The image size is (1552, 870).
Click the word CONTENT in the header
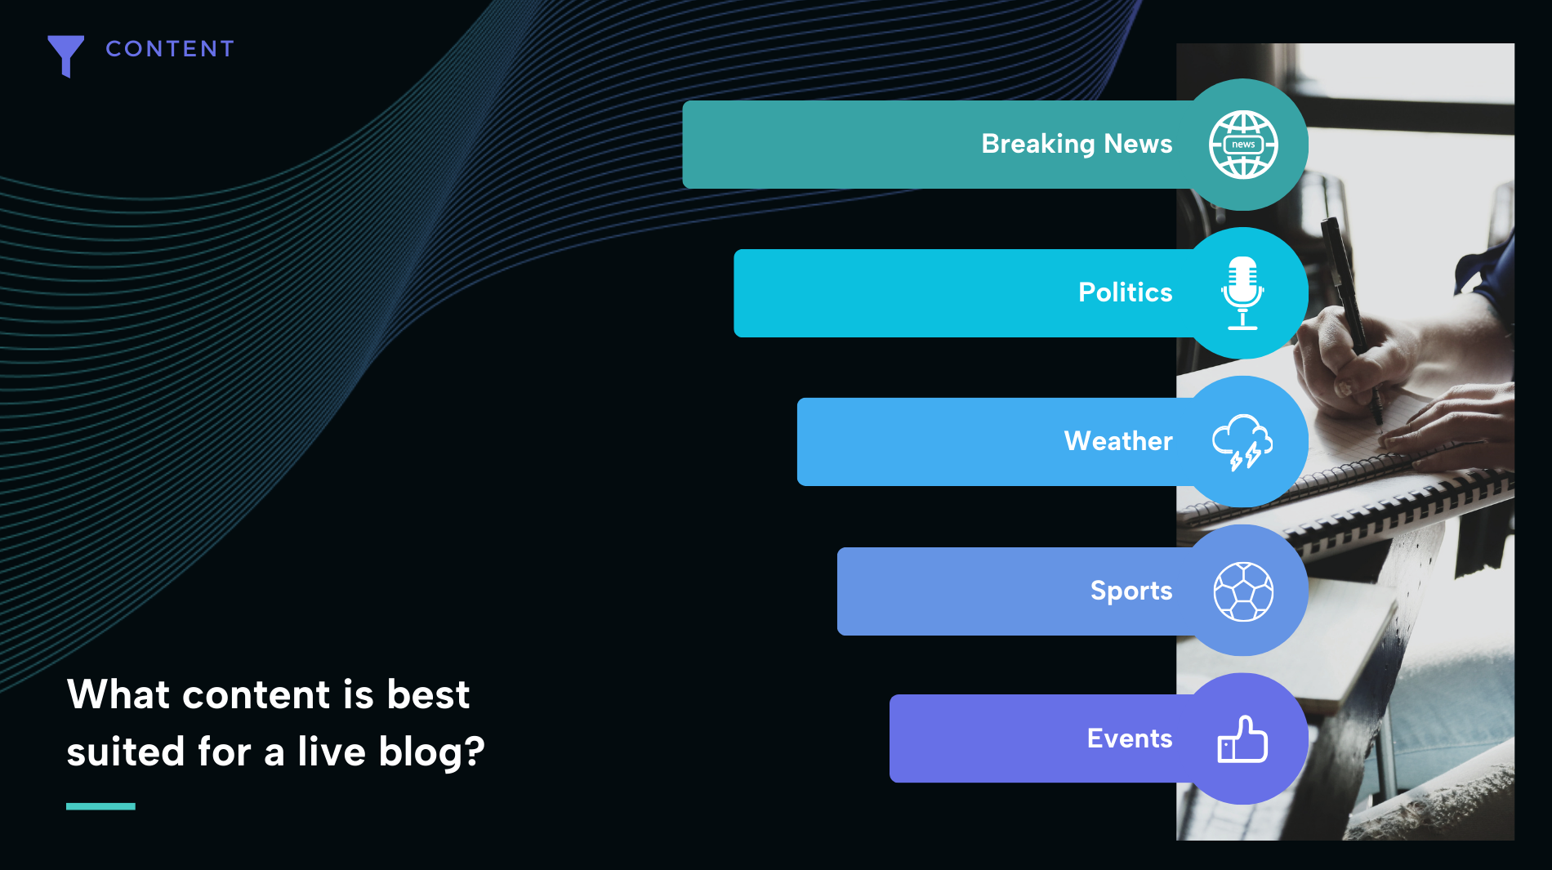pos(170,49)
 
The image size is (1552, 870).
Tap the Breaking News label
pos(1077,144)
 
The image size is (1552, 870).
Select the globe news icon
pos(1243,145)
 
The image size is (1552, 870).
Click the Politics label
pos(1125,292)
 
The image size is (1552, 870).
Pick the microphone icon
pos(1242,293)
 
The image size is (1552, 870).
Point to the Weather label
pos(1118,441)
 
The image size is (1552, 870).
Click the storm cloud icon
pos(1242,442)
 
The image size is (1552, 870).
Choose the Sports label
pos(1131,591)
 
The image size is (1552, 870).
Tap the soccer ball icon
pos(1243,591)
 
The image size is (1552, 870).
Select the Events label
pos(1130,738)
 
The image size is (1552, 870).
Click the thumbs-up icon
pos(1242,739)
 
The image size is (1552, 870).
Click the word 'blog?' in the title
pos(432,752)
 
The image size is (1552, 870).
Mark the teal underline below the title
pos(100,806)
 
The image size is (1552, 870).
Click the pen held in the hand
pos(1352,319)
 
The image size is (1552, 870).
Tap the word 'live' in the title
pos(331,751)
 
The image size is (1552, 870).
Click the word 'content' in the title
pos(256,695)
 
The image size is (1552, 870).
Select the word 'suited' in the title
pos(126,752)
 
